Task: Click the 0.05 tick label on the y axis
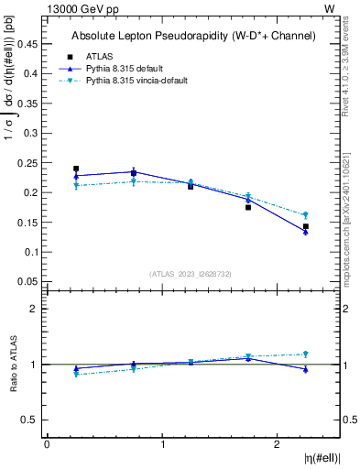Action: (30, 281)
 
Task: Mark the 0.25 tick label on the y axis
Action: (30, 163)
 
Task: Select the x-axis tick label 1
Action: (162, 444)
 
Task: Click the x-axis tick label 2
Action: (278, 444)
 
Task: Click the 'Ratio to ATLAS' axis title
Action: (12, 365)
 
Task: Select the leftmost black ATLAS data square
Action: (76, 169)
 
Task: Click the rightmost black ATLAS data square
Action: (306, 226)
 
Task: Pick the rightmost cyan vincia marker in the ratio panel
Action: (306, 354)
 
